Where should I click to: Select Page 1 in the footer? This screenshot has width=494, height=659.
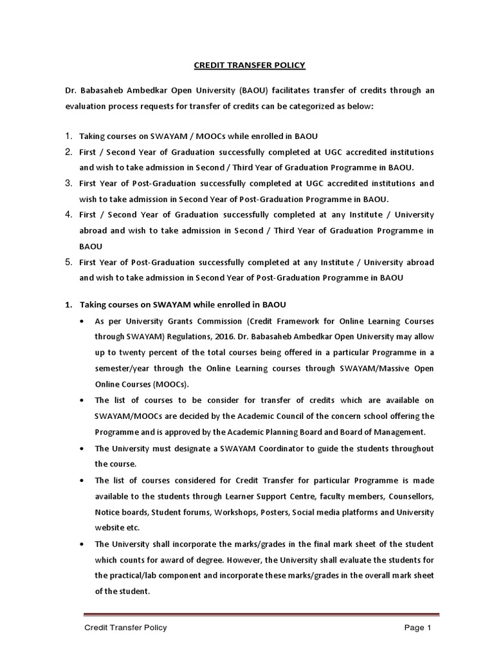click(417, 627)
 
